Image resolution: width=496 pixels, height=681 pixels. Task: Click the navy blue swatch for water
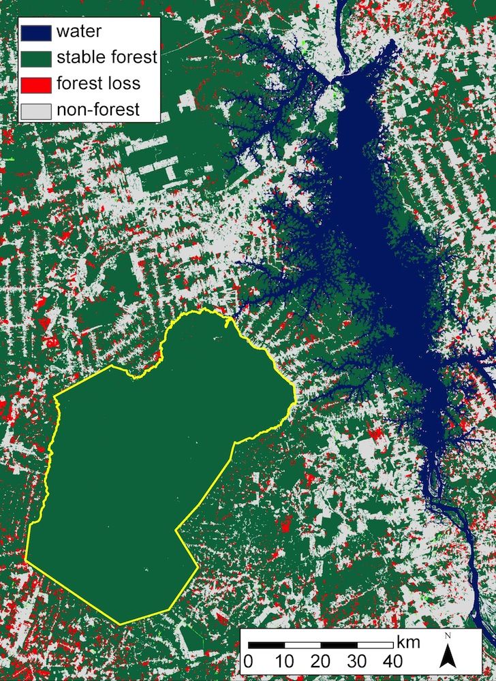37,31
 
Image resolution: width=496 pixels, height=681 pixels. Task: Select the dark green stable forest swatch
37,57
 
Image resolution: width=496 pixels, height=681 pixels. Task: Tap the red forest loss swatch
37,83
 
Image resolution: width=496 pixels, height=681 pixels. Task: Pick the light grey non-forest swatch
37,109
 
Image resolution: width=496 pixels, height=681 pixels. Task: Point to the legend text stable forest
107,57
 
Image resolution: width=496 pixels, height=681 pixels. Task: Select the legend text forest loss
99,83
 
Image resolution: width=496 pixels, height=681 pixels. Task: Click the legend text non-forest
98,109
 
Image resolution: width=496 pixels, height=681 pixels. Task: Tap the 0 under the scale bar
249,661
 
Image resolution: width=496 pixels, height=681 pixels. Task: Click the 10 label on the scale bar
285,661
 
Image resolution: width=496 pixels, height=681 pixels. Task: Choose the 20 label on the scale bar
322,661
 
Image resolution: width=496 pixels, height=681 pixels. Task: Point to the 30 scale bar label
358,661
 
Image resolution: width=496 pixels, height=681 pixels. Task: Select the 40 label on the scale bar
394,661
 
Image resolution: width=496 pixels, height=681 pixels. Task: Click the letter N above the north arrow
447,636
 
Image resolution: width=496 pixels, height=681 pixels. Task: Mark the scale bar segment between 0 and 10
266,644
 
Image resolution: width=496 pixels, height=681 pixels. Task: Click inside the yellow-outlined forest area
136,477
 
